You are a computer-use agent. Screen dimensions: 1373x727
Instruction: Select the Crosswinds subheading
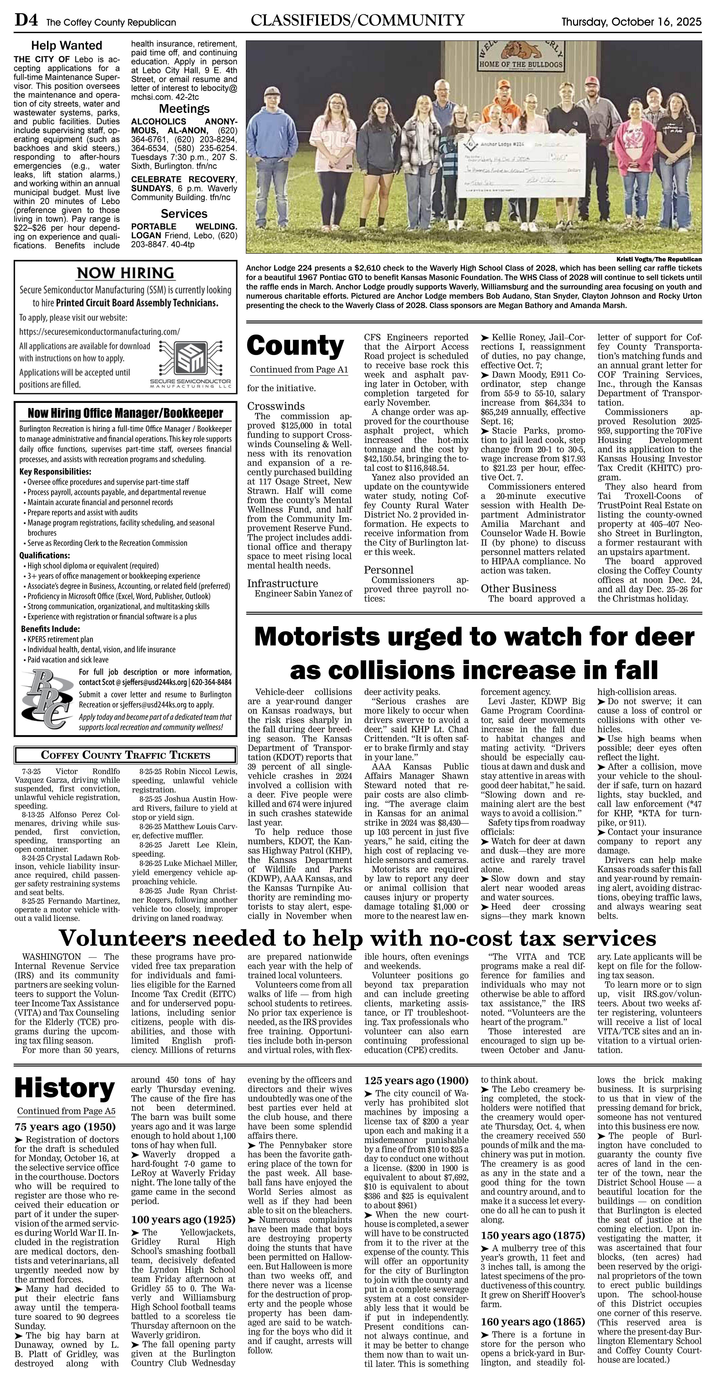pyautogui.click(x=276, y=406)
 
